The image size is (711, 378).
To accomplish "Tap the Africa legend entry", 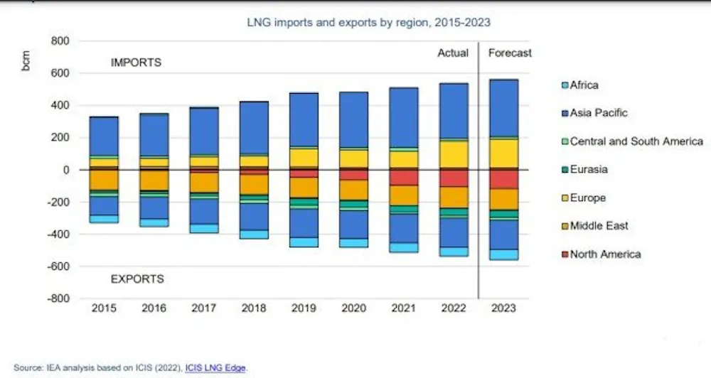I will (x=584, y=85).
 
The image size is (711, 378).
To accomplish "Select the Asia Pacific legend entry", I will (x=599, y=113).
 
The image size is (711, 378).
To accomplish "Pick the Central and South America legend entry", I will (x=636, y=141).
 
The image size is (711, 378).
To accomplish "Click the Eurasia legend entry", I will (x=588, y=170).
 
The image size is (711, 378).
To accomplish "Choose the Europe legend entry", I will (x=587, y=198).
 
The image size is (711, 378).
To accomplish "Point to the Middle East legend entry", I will (x=599, y=226).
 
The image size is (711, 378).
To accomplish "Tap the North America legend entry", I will (x=605, y=254).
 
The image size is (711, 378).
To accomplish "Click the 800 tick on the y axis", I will (x=60, y=41).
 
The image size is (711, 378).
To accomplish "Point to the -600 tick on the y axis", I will (x=58, y=266).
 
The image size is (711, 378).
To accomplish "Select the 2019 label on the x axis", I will (x=304, y=309).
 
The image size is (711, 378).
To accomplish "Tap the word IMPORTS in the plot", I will (x=136, y=63).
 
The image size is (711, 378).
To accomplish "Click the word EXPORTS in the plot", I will (x=137, y=279).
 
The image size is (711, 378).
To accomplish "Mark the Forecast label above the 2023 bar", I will (x=510, y=53).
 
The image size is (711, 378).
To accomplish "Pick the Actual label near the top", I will (x=453, y=53).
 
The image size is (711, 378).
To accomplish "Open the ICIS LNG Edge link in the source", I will (x=215, y=368).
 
